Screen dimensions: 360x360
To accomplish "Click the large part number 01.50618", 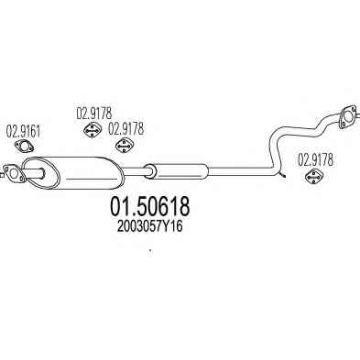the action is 149,206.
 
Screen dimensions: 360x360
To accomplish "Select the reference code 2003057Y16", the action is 149,226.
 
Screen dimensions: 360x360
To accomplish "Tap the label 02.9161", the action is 24,132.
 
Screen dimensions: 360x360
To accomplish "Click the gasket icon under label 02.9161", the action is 24,147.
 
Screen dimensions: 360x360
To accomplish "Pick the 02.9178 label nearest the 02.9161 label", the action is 94,114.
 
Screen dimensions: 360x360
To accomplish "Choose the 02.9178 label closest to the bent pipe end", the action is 315,159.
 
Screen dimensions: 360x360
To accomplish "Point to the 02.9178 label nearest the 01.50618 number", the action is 125,129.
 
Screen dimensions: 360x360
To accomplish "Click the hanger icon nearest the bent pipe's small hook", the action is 315,176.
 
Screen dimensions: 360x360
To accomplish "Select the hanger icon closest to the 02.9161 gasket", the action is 93,130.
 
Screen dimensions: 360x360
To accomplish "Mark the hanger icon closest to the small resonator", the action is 125,146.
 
